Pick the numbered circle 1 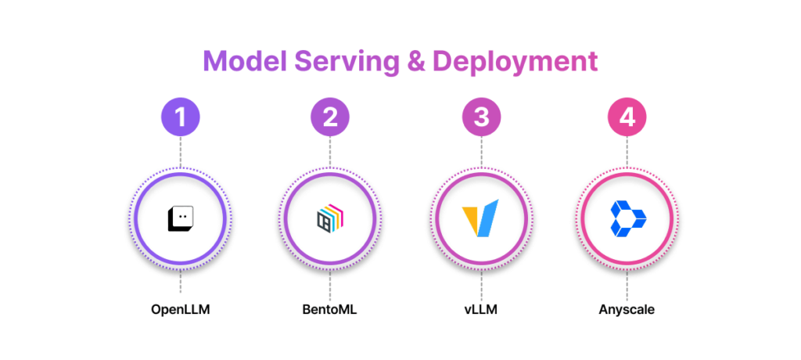(x=181, y=117)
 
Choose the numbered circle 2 (x=329, y=117)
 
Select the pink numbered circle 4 (x=627, y=117)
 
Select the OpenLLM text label (x=181, y=309)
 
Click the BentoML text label (x=329, y=309)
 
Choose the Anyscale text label (x=627, y=309)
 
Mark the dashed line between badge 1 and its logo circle (x=181, y=153)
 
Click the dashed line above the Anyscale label (x=627, y=283)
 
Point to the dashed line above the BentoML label (x=329, y=283)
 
